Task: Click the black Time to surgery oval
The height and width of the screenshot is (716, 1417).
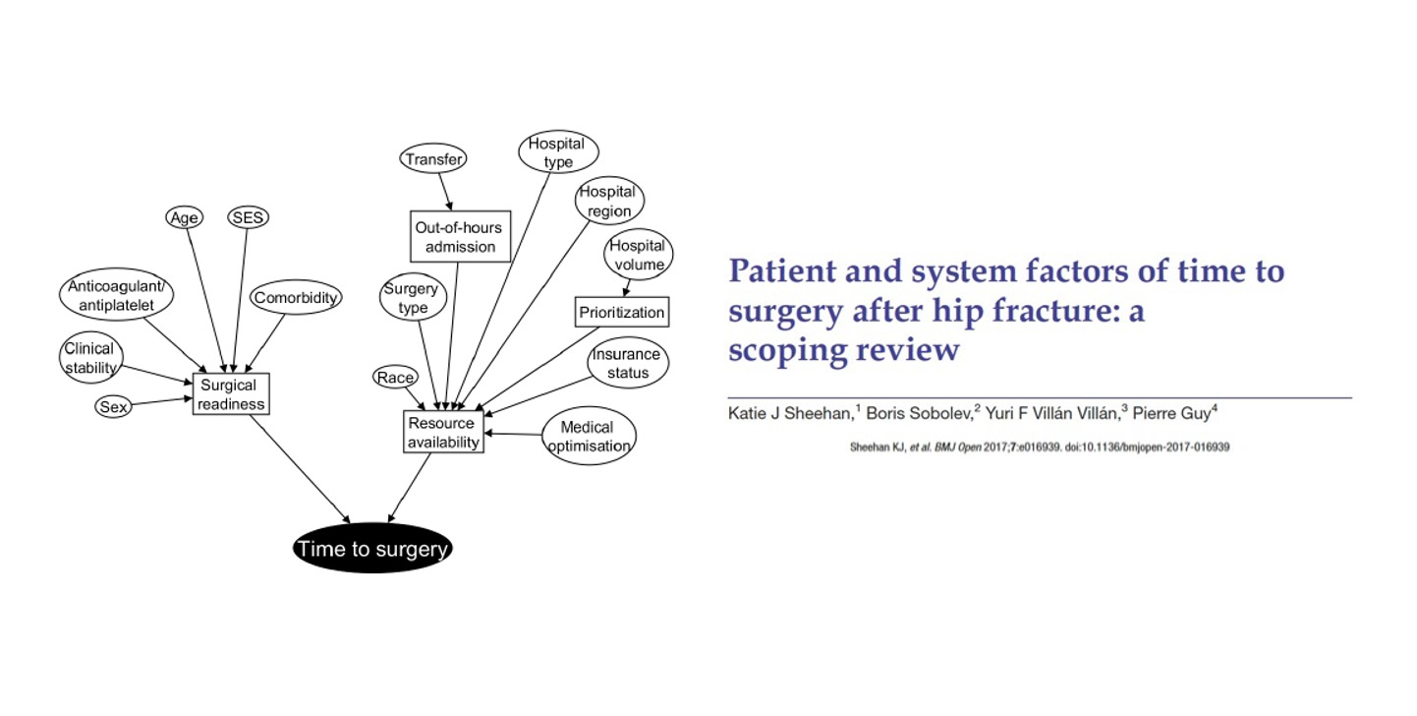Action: coord(372,549)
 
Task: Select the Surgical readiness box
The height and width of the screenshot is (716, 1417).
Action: coord(231,394)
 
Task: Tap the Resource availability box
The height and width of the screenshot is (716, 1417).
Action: coord(443,433)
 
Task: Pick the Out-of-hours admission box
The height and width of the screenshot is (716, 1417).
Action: coord(460,236)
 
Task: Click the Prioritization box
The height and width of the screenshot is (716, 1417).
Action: coord(621,313)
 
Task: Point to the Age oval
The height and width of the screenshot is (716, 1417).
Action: coord(184,218)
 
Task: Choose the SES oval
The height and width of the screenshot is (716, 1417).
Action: coord(248,218)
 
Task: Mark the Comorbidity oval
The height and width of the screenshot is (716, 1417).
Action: coord(296,298)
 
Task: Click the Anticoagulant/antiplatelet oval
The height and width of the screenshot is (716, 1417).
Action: coord(117,296)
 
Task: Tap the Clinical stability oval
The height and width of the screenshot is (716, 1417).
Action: coord(90,358)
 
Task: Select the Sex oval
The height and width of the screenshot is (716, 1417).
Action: coord(114,405)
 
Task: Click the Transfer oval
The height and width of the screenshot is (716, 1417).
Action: coord(433,157)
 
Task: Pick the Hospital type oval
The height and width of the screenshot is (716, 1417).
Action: coord(558,152)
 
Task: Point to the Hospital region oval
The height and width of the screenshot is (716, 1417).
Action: coord(609,201)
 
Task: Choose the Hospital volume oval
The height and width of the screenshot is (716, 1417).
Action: coord(637,255)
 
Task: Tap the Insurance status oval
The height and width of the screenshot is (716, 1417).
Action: coord(627,363)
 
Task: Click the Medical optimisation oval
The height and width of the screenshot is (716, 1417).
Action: coord(588,436)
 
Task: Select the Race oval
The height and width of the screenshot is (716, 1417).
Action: coord(395,377)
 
